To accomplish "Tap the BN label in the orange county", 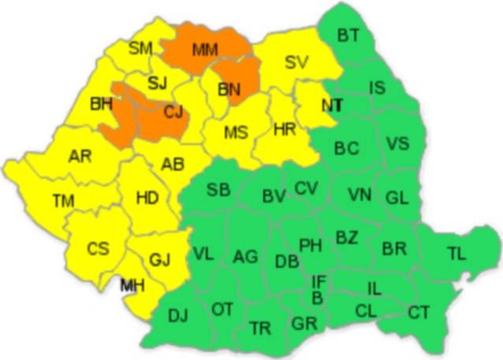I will (229, 90).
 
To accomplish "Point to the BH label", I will (102, 103).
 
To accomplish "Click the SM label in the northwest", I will (140, 49).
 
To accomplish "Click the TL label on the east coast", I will (456, 253).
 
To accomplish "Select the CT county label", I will (419, 312).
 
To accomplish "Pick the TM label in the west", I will (63, 201).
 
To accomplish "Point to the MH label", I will (132, 285).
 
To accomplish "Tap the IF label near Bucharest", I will (319, 281).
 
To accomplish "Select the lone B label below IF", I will (317, 298).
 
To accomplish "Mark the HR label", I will (284, 129).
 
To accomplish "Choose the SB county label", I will (218, 190).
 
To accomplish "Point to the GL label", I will (397, 198).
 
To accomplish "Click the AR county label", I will (80, 156).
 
